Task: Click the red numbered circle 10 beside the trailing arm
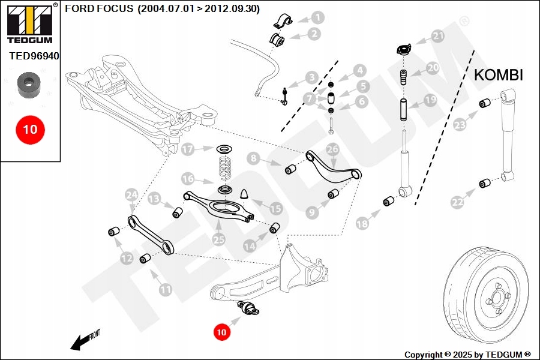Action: (222, 331)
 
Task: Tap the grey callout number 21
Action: (439, 36)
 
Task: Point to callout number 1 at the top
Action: (317, 18)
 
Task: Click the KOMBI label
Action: (499, 75)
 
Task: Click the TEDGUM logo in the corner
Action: (29, 24)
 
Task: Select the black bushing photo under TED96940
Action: (28, 85)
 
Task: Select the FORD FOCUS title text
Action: (162, 9)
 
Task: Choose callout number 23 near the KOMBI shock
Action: (460, 125)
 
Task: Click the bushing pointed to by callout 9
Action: (334, 194)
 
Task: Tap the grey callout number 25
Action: (219, 239)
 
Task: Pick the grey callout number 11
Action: (165, 289)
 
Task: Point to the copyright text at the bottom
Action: (467, 354)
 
